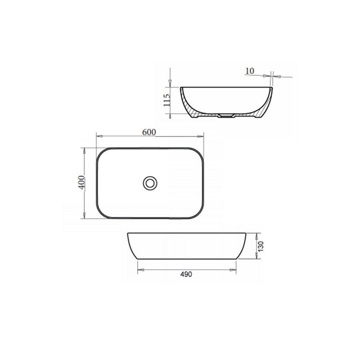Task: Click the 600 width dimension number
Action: pos(149,132)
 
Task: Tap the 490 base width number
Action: pos(186,274)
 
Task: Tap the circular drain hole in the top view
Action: pos(150,183)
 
